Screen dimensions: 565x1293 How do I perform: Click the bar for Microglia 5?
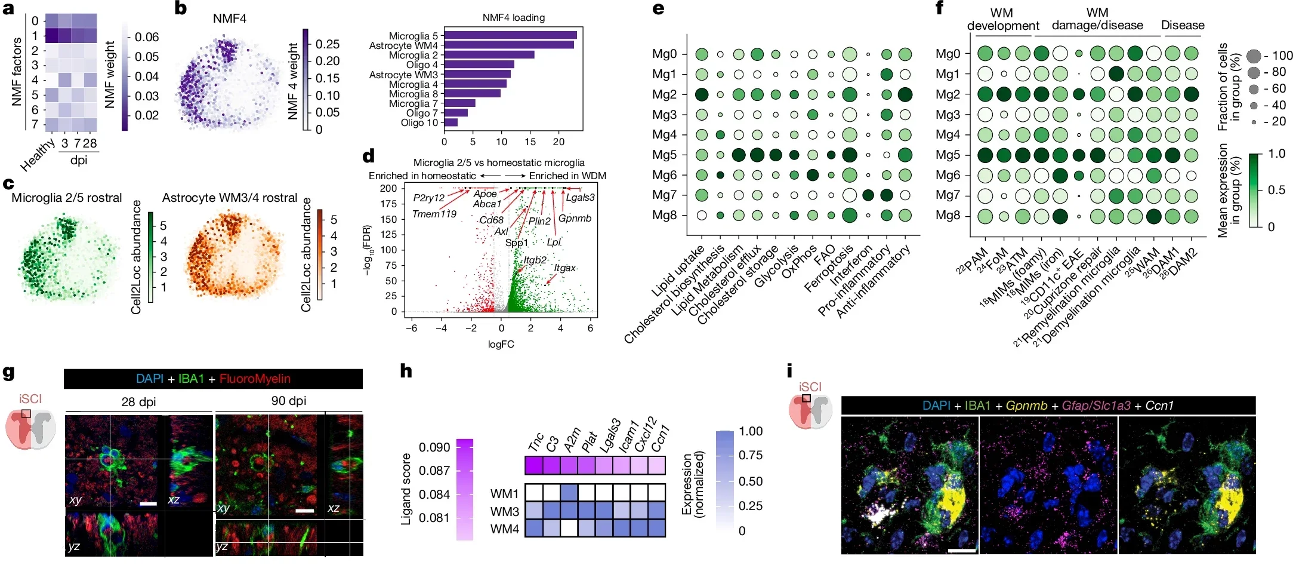click(x=510, y=35)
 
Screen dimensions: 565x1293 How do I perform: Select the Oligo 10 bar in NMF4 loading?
click(x=450, y=122)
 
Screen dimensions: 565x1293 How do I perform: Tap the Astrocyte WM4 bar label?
click(x=403, y=45)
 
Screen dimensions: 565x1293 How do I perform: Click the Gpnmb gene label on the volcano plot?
click(x=575, y=218)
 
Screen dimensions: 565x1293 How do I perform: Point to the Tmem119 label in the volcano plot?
click(x=434, y=214)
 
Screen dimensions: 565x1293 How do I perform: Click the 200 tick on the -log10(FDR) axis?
click(x=388, y=188)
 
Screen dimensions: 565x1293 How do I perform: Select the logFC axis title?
click(x=501, y=344)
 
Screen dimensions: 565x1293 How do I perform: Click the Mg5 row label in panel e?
click(x=664, y=155)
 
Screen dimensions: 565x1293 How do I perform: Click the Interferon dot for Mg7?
click(x=868, y=195)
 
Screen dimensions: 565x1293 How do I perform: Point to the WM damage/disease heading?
click(x=1097, y=19)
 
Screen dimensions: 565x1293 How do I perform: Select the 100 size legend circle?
click(x=1254, y=56)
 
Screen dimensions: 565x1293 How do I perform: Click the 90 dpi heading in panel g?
click(x=289, y=401)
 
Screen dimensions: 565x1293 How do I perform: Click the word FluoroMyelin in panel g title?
click(x=255, y=379)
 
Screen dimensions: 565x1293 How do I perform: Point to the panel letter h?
click(x=406, y=371)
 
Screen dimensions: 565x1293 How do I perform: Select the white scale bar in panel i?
click(x=961, y=550)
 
